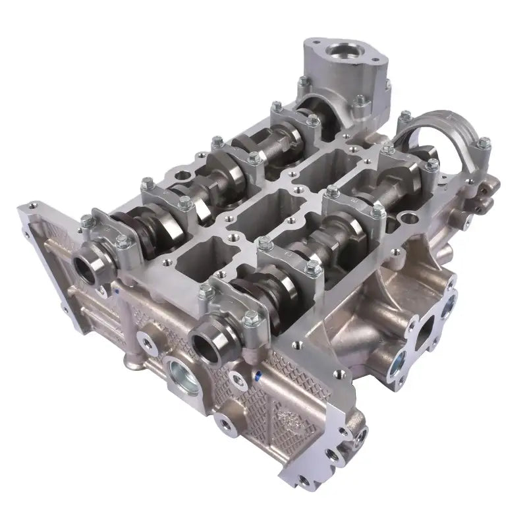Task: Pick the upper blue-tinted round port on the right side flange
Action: coord(449,304)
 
